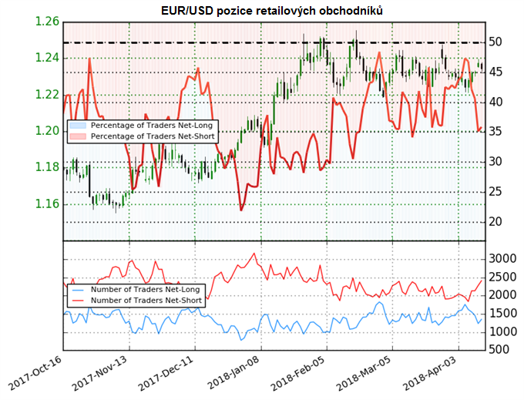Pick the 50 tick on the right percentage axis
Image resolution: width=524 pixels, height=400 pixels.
click(x=497, y=42)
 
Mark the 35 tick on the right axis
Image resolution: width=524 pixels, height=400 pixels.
click(x=497, y=132)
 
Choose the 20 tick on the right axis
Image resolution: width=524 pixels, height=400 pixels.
click(x=497, y=222)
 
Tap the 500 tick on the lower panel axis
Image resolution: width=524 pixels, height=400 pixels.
click(x=499, y=350)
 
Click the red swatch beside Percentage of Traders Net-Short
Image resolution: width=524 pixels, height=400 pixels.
click(x=78, y=136)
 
